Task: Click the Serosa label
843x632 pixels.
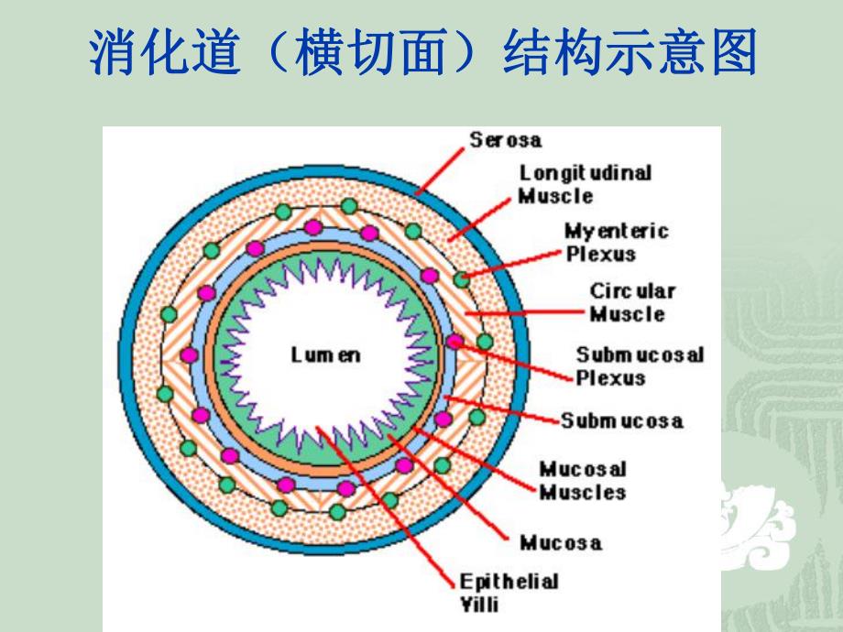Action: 505,140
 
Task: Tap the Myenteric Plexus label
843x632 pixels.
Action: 616,242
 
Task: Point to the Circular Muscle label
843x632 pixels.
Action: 632,302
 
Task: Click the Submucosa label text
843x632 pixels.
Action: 622,421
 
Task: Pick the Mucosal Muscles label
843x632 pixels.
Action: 582,481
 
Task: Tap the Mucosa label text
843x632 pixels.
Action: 561,543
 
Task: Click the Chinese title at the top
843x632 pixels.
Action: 421,53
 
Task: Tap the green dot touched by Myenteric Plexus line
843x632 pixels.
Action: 463,278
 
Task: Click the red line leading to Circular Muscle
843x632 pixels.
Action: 522,312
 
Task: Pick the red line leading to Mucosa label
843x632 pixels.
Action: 449,485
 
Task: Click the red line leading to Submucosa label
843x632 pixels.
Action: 504,409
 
